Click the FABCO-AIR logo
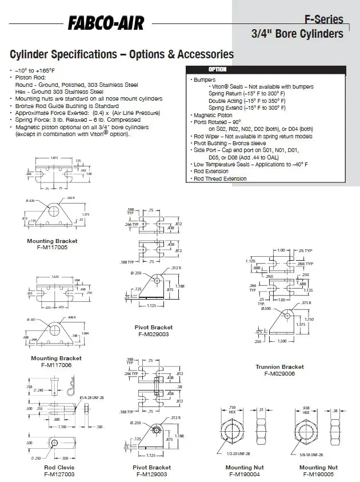(106, 23)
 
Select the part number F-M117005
(52, 248)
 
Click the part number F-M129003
(151, 473)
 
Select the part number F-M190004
(244, 473)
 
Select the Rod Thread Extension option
(220, 178)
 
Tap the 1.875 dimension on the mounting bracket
(54, 157)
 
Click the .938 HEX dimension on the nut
(306, 408)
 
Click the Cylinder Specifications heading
(122, 54)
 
